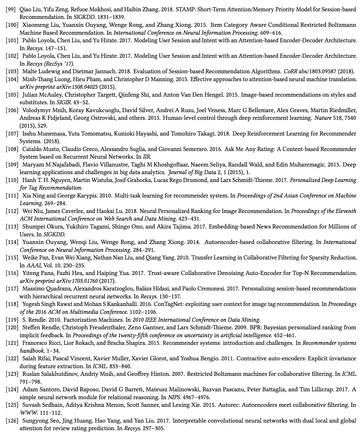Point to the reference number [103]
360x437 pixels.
(x=12, y=71)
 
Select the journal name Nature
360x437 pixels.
(x=323, y=118)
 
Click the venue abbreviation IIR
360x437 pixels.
(x=147, y=157)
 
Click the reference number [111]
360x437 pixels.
(x=12, y=196)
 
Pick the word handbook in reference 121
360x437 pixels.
(x=32, y=351)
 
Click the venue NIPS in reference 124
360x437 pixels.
(x=174, y=397)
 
